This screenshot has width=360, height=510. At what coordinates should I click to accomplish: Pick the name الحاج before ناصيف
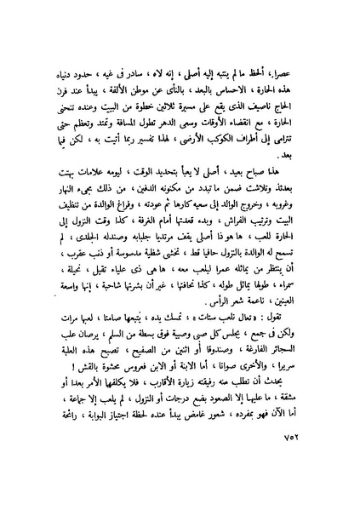(302, 144)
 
